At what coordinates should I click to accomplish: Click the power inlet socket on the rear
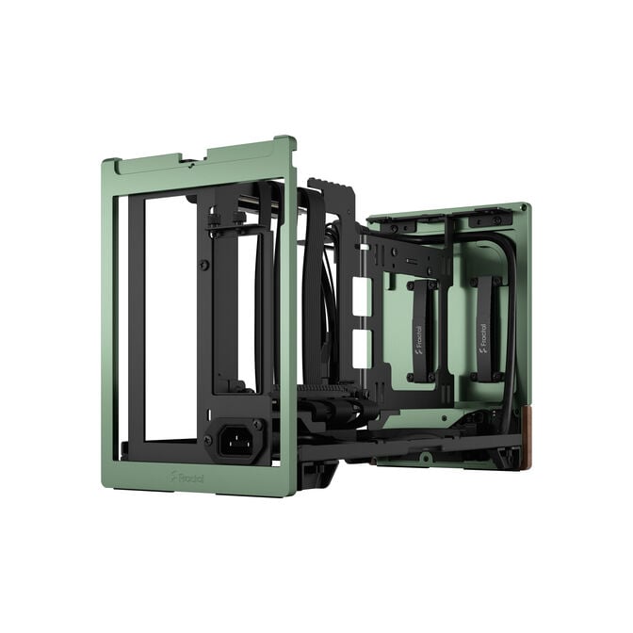click(x=236, y=438)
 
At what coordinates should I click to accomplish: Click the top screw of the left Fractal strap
click(x=420, y=284)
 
